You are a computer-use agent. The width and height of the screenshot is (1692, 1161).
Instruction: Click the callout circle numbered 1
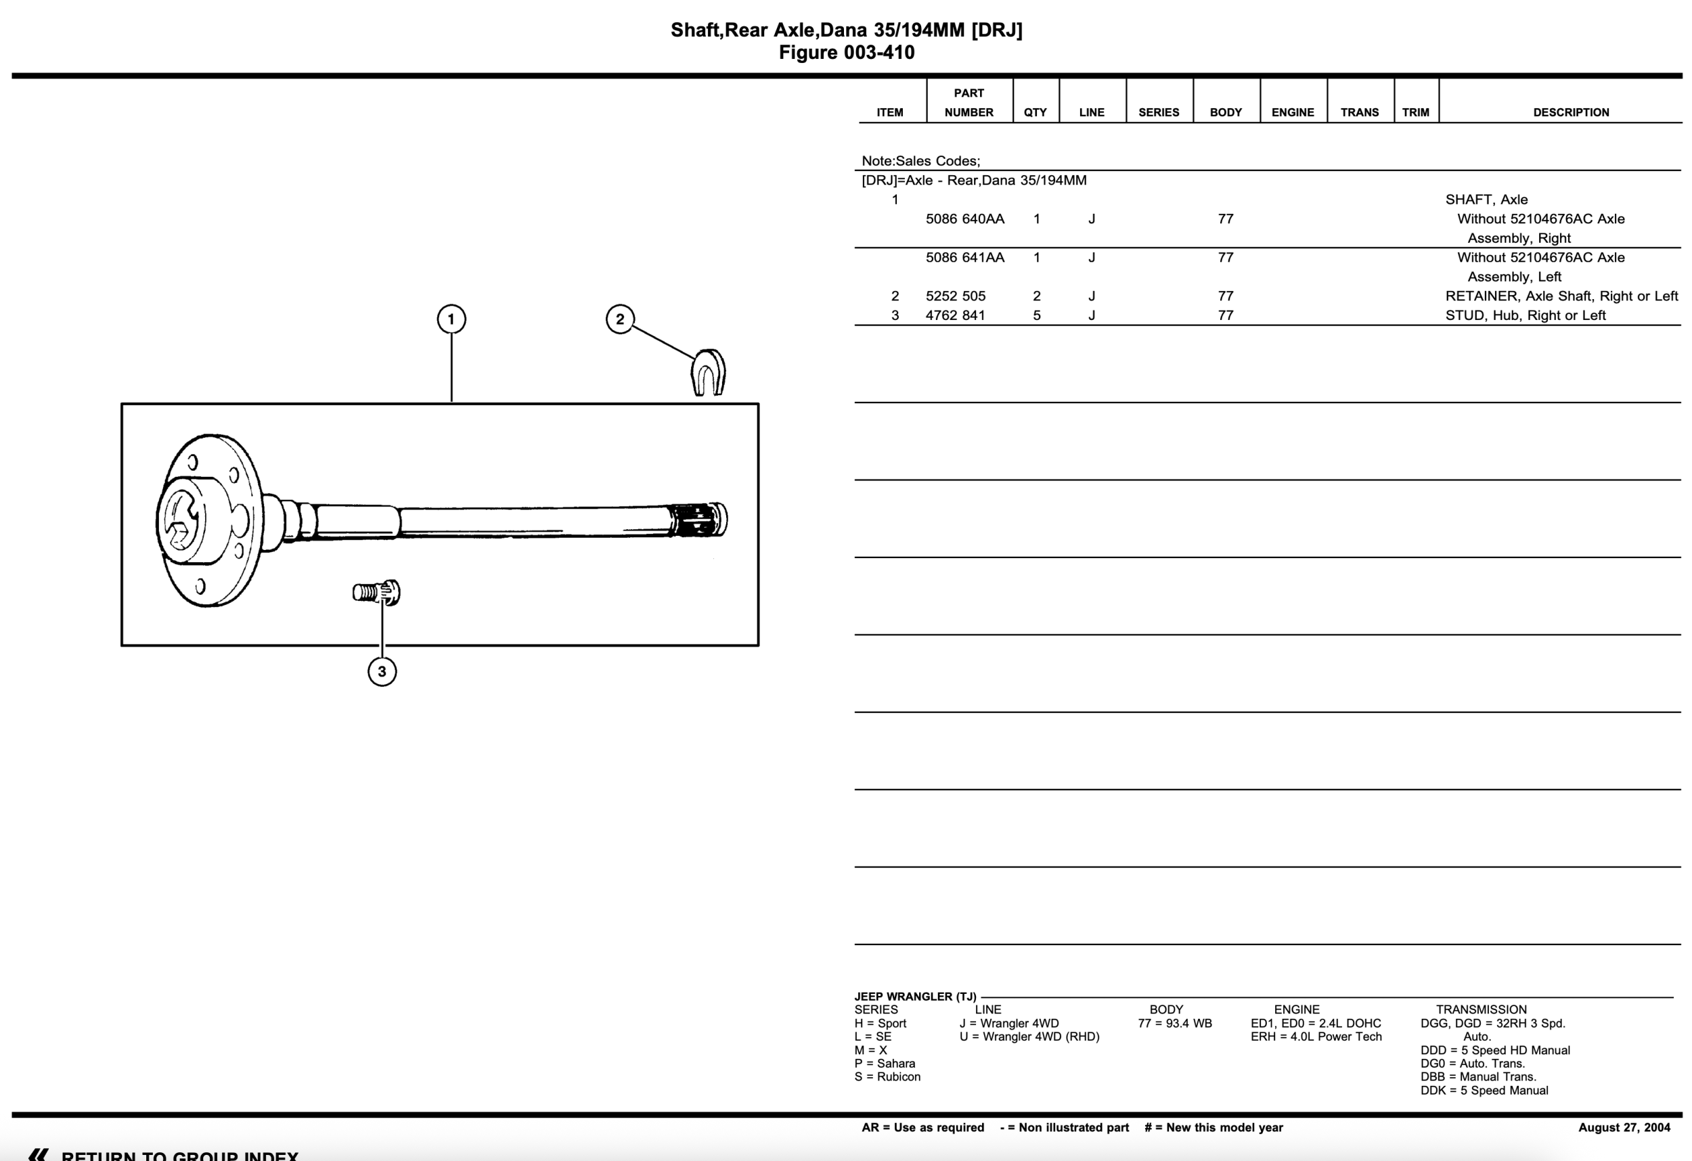click(451, 319)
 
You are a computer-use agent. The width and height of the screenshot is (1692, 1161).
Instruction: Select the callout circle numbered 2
click(619, 319)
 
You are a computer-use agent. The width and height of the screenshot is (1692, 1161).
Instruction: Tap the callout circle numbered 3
click(382, 671)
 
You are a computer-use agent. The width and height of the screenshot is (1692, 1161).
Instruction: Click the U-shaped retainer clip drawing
click(708, 373)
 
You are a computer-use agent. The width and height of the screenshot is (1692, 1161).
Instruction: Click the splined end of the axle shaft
click(698, 520)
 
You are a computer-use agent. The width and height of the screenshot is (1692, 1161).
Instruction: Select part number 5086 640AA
click(964, 219)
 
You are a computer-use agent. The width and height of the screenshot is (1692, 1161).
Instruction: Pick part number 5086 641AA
click(964, 258)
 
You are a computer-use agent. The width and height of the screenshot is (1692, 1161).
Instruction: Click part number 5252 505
click(955, 296)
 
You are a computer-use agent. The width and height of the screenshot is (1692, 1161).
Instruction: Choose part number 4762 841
click(955, 316)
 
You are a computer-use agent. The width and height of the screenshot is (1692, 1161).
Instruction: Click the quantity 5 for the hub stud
click(1037, 316)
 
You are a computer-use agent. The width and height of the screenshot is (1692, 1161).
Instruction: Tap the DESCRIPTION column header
click(1570, 112)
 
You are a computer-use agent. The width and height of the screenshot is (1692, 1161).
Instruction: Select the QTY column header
click(1035, 112)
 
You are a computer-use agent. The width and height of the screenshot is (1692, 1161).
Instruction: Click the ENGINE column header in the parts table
click(1292, 112)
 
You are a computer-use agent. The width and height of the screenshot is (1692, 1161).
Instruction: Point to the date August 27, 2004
click(1624, 1128)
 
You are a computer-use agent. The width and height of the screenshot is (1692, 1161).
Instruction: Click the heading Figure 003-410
click(846, 52)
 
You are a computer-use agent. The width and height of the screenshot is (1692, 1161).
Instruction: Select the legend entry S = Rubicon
click(887, 1076)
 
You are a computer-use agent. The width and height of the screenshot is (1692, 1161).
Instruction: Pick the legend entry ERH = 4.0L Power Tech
click(1316, 1037)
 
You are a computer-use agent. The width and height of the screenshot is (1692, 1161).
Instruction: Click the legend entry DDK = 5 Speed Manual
click(1484, 1091)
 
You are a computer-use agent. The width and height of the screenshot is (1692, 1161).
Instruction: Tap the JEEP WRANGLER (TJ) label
click(914, 997)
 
